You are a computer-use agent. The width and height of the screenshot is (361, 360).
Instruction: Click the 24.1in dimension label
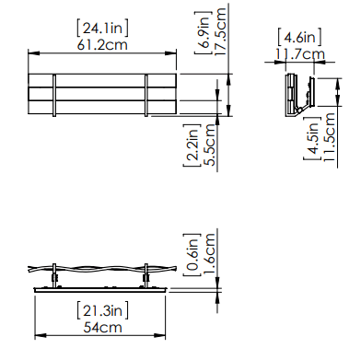coord(102,29)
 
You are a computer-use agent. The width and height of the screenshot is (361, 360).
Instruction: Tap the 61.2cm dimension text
coord(102,45)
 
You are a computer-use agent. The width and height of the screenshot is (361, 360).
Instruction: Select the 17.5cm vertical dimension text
coord(220,32)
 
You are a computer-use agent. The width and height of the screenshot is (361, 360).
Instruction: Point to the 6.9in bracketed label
coord(204,32)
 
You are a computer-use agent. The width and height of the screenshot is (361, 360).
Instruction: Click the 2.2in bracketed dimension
coord(192,145)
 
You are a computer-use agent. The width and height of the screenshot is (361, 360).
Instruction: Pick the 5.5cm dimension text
coord(210,145)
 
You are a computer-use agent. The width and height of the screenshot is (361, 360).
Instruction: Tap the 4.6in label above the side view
coord(299,38)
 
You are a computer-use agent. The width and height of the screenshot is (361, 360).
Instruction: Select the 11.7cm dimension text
coord(299,54)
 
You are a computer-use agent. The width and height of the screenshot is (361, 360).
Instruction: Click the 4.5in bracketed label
coord(312,138)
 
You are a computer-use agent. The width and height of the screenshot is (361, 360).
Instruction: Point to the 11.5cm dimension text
coord(330,137)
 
